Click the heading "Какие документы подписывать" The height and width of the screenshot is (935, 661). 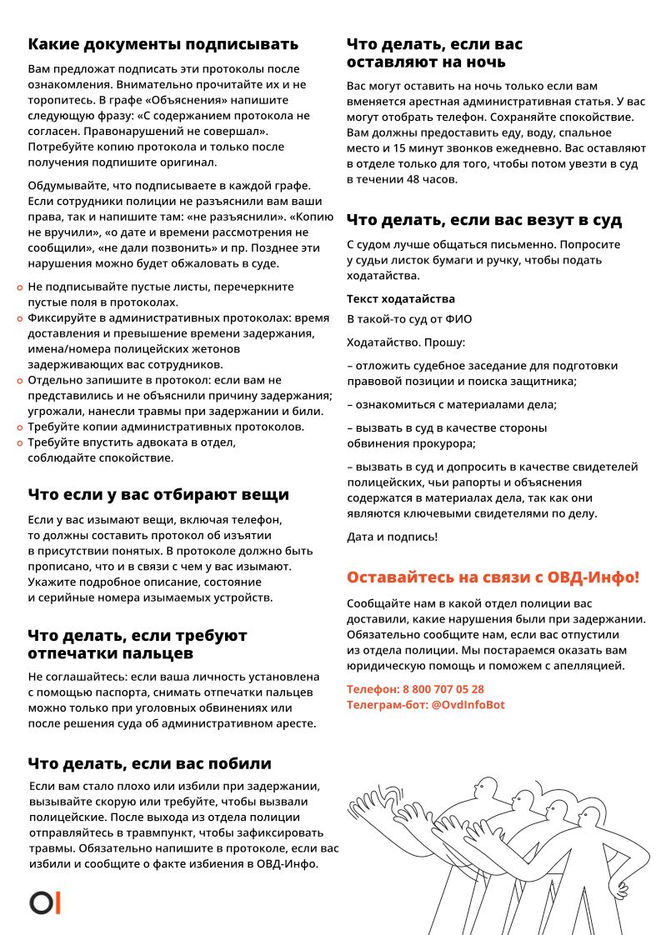tap(163, 44)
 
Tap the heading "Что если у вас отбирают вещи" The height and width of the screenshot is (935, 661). tap(158, 494)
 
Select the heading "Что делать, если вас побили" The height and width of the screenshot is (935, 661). tap(149, 763)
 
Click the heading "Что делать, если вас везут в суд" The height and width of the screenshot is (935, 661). tap(484, 220)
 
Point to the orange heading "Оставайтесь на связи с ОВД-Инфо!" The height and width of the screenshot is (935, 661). tap(493, 577)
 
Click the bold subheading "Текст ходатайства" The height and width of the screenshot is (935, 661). tap(401, 298)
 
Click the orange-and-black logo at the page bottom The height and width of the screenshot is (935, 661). tap(45, 902)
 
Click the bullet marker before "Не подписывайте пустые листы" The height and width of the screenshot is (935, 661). tap(20, 287)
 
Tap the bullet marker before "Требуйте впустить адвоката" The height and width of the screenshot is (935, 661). tap(20, 443)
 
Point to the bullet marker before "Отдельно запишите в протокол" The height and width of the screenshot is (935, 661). tap(20, 381)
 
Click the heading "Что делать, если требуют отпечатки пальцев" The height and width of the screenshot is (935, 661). tap(138, 643)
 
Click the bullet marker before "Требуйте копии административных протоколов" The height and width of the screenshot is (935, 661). tap(20, 427)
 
